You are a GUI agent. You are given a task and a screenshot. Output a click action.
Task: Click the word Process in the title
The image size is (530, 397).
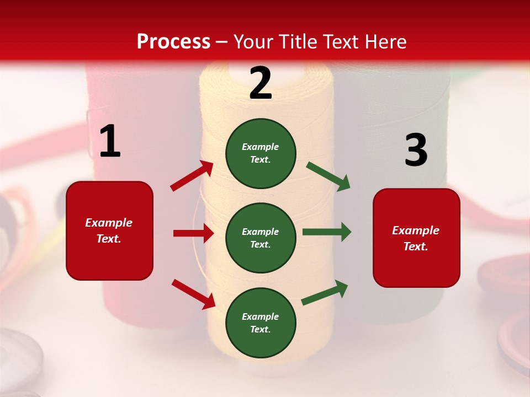pyautogui.click(x=173, y=42)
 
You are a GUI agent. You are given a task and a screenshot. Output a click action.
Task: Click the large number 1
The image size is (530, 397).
pyautogui.click(x=110, y=142)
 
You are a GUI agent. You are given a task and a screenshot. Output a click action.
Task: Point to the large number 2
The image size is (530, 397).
pyautogui.click(x=261, y=83)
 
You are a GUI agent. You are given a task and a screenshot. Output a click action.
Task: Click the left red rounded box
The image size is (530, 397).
pyautogui.click(x=109, y=230)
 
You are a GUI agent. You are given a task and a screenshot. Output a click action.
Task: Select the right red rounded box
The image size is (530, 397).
pyautogui.click(x=416, y=238)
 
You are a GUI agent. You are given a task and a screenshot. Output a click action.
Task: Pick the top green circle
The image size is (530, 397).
pyautogui.click(x=261, y=153)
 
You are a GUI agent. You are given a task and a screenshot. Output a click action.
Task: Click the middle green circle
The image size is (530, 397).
pyautogui.click(x=261, y=238)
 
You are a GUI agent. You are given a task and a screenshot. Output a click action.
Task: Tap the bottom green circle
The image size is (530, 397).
pyautogui.click(x=261, y=323)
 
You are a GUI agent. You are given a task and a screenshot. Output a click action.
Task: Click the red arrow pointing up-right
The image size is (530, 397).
pyautogui.click(x=192, y=176)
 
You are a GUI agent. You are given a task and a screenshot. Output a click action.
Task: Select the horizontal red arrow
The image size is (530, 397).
pyautogui.click(x=193, y=233)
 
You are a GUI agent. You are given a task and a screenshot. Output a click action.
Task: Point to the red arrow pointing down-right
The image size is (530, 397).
pyautogui.click(x=193, y=294)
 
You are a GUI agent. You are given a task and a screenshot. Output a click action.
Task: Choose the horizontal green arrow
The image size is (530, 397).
pyautogui.click(x=327, y=232)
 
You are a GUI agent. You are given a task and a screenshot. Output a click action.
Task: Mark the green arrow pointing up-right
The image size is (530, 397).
pyautogui.click(x=325, y=293)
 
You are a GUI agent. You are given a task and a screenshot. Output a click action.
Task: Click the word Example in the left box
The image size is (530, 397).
pyautogui.click(x=109, y=223)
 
